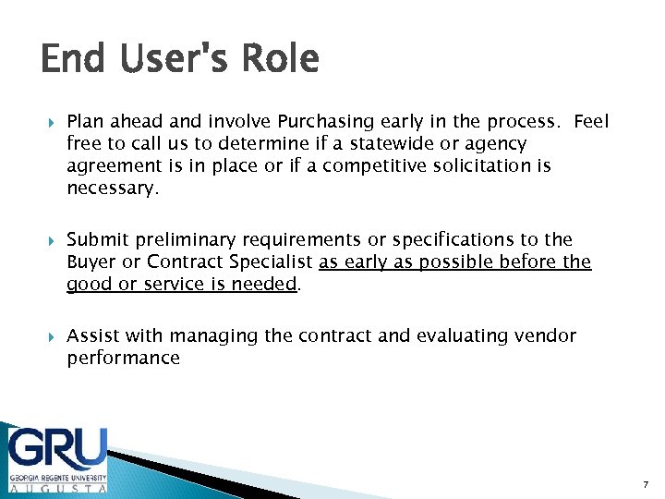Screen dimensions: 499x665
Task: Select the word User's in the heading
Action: point(173,60)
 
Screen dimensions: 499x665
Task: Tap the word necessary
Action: point(113,189)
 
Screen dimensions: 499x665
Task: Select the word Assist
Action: point(94,336)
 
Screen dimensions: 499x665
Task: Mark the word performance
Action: point(123,359)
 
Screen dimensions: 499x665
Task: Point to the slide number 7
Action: point(645,485)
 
